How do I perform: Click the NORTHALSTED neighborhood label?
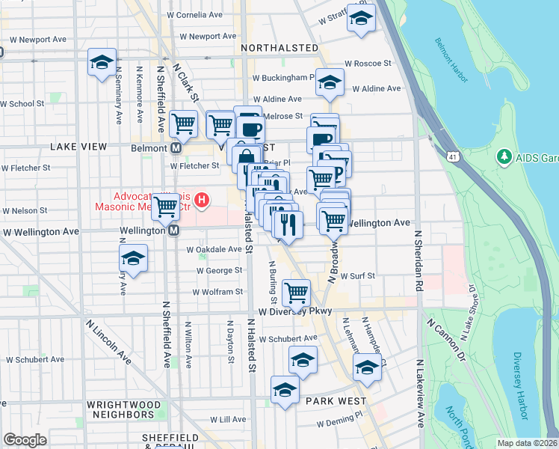280,48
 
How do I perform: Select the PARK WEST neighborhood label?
336,401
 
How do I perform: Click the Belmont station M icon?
176,148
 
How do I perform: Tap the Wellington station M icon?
173,230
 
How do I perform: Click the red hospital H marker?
201,201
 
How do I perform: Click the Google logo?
25,440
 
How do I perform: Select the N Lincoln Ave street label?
108,343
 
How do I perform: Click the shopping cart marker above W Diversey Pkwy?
297,290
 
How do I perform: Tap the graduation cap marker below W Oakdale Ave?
133,258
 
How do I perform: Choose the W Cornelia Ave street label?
195,14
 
